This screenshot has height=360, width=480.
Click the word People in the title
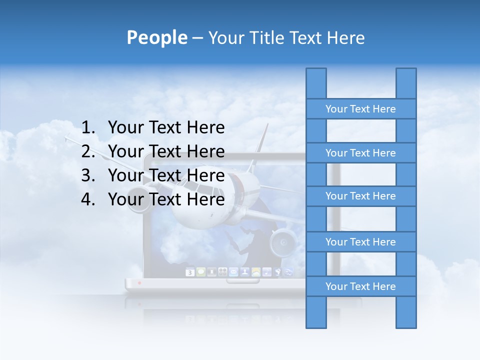(x=156, y=37)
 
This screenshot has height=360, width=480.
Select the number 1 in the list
(x=87, y=128)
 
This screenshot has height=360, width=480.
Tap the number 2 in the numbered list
(x=87, y=151)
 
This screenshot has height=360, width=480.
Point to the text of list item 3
(x=166, y=175)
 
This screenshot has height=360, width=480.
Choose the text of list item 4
(x=166, y=199)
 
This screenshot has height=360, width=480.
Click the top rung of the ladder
(x=360, y=109)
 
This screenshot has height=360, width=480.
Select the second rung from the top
(x=360, y=153)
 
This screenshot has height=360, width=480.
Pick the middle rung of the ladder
(x=360, y=196)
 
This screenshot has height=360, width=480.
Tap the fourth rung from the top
(x=360, y=242)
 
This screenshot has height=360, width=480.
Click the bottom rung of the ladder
(x=360, y=286)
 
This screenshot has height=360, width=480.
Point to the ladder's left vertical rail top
(x=316, y=75)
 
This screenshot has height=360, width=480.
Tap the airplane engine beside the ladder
(x=283, y=243)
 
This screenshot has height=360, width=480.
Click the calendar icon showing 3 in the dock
(x=190, y=272)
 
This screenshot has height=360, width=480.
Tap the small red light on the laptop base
(x=139, y=283)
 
